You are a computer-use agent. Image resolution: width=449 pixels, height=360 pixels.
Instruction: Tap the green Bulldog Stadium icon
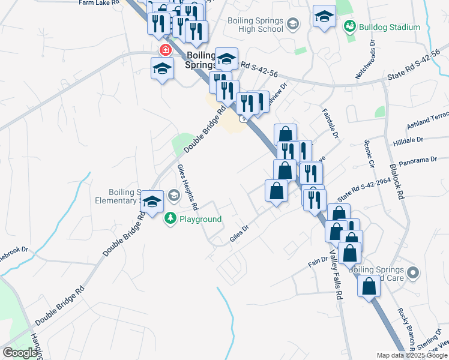point(349,27)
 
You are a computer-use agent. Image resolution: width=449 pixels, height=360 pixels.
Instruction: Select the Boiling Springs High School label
point(255,25)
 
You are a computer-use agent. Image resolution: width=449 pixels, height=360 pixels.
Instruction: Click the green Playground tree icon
point(170,219)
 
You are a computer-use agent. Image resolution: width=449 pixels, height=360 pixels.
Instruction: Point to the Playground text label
point(201,219)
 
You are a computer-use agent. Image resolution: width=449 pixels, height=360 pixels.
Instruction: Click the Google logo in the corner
point(20,353)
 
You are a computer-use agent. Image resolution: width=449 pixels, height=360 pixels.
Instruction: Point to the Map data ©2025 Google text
point(412,355)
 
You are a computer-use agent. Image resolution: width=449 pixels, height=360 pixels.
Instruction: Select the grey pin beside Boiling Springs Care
point(412,274)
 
